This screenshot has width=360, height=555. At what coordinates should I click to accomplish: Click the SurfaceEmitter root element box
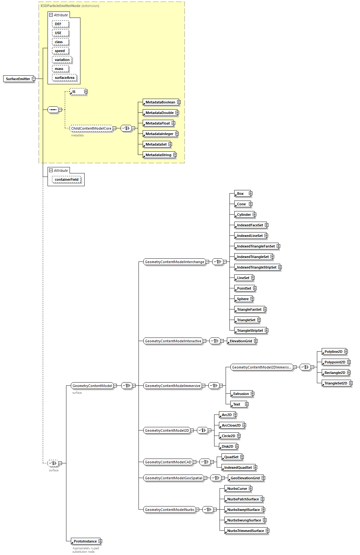pos(18,79)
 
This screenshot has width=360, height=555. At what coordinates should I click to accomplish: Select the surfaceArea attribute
pos(64,78)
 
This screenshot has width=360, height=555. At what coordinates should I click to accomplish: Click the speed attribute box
pos(60,51)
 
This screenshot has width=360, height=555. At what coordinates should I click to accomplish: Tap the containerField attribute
pos(66,179)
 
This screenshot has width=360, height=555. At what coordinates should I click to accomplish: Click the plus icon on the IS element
pos(86,92)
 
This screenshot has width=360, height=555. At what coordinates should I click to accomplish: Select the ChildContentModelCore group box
pos(91,128)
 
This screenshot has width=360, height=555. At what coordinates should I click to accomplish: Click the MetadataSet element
pos(156,144)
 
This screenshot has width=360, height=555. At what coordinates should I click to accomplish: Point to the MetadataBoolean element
pos(160,102)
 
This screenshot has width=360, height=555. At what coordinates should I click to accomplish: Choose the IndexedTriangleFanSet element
pos(256,246)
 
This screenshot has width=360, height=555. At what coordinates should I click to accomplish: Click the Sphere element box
pos(243,299)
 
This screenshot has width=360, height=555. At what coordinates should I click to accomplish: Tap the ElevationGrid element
pos(241,341)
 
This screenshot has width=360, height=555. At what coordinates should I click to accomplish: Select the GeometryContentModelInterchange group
pos(174,262)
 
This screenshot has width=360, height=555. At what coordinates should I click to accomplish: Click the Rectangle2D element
pos(335,373)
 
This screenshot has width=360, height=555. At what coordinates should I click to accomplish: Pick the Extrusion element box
pos(241,394)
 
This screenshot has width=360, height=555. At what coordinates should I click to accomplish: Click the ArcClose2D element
pos(231,425)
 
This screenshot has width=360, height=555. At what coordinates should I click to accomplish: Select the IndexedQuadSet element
pos(238,468)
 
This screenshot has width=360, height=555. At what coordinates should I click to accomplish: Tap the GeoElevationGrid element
pos(245,478)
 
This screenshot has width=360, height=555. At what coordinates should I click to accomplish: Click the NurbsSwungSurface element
pos(244,520)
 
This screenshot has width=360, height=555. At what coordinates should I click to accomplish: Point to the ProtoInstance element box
pos(85,541)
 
